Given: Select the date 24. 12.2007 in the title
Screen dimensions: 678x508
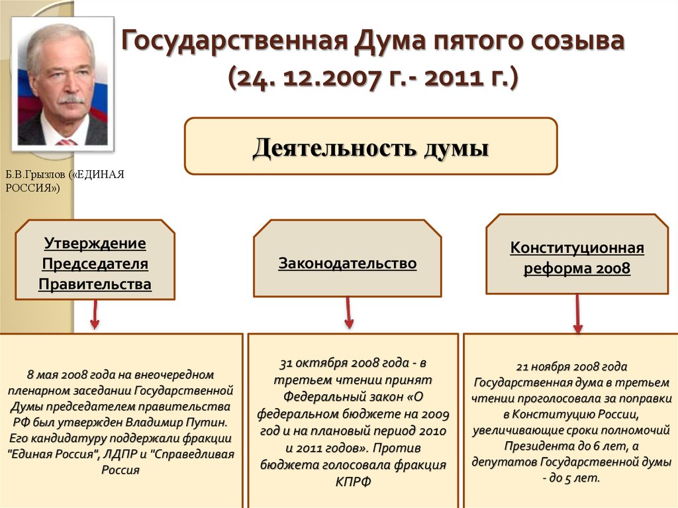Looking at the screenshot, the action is point(303,78).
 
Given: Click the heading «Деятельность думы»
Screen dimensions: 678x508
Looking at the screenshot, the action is point(371,147).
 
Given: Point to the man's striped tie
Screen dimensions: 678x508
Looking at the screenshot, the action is point(66,142).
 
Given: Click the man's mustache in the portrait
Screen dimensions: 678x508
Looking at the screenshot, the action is point(72,99).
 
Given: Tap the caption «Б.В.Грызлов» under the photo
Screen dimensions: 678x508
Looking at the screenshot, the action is point(36,174).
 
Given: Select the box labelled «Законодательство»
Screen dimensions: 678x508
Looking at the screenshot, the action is point(347,258).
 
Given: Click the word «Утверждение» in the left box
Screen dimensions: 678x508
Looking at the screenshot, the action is point(95,243).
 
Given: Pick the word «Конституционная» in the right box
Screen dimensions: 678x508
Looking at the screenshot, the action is point(577,248).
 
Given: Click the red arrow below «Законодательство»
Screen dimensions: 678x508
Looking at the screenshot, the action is point(348,313).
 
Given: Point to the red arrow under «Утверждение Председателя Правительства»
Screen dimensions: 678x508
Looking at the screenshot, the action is point(95,315).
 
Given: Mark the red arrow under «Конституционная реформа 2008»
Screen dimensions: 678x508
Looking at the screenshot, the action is point(577,314).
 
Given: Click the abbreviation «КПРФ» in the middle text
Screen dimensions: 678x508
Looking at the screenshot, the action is point(354,482).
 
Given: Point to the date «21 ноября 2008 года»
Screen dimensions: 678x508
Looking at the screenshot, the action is point(571,367).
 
